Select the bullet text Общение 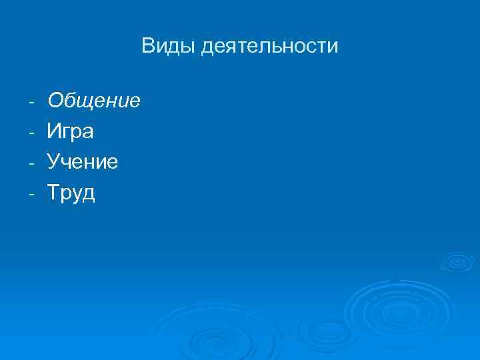(93, 101)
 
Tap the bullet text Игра (70, 131)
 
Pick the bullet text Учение (83, 162)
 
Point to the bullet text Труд (71, 193)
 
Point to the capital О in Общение (55, 101)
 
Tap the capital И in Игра (53, 131)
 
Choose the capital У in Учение (53, 162)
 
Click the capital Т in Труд (53, 193)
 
